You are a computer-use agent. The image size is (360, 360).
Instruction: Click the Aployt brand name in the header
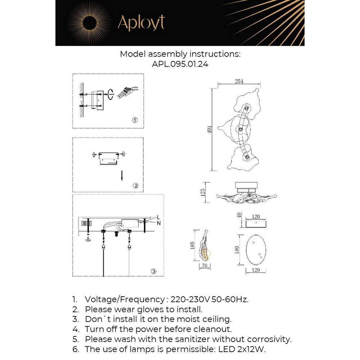(x=141, y=23)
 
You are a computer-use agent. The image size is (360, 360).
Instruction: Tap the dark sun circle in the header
(x=91, y=23)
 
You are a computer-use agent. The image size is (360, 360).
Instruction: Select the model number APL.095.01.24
(x=180, y=64)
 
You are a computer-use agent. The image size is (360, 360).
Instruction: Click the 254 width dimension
(x=239, y=81)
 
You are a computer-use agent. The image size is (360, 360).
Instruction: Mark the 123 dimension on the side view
(x=203, y=193)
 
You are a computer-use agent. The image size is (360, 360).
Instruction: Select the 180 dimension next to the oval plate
(x=237, y=250)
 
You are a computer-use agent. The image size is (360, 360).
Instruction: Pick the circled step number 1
(x=134, y=120)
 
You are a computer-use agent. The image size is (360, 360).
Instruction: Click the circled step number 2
(x=135, y=186)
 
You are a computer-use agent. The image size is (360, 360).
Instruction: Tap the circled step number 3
(x=153, y=271)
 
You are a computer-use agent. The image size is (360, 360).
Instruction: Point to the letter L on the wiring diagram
(x=158, y=217)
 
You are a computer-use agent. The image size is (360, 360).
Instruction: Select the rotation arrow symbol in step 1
(x=111, y=94)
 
